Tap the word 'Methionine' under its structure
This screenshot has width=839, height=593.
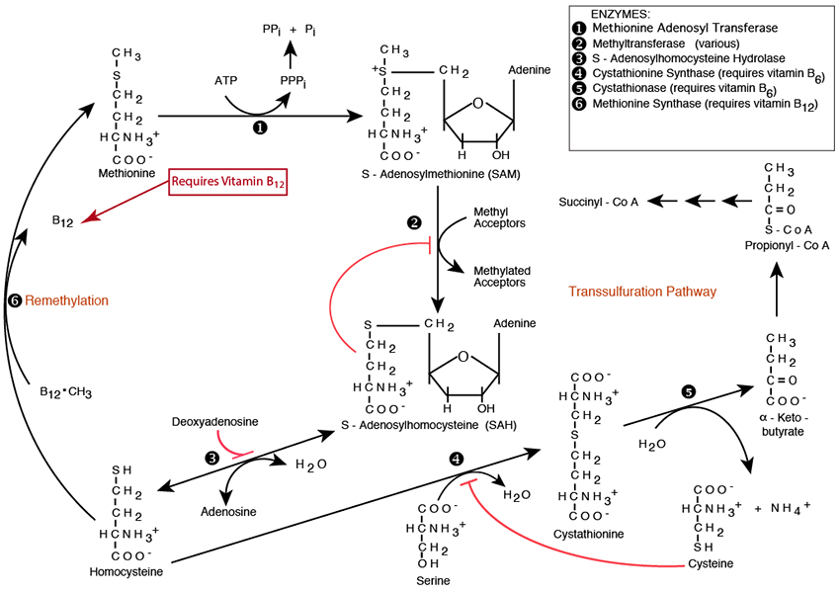point(126,172)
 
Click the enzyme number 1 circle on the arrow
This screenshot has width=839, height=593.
point(260,127)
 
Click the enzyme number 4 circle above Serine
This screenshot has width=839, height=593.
point(456,461)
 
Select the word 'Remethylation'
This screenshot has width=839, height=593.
point(67,299)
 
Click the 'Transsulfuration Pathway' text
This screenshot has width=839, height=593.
point(642,292)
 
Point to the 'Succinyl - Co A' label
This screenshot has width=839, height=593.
point(600,202)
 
